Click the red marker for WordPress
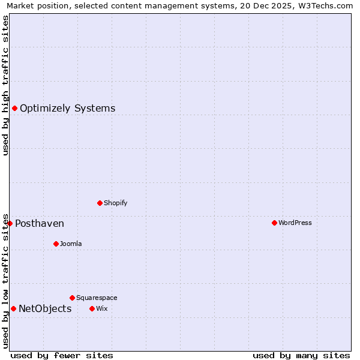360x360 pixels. tap(274, 223)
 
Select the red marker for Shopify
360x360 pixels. tap(100, 203)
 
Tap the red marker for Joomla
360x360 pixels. tap(56, 244)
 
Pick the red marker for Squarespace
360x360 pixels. tap(72, 298)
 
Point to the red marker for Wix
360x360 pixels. tap(92, 308)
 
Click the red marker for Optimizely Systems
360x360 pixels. tap(14, 108)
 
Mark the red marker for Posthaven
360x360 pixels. tap(10, 223)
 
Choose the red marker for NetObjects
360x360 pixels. tap(13, 308)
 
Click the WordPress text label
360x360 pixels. tap(295, 223)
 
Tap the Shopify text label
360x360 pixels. tap(116, 203)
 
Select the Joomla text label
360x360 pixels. tap(71, 244)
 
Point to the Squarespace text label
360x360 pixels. tap(97, 298)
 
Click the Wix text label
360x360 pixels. tap(101, 308)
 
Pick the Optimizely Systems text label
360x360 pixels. tap(68, 109)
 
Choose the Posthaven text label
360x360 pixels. tap(40, 224)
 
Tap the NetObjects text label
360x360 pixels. tap(45, 309)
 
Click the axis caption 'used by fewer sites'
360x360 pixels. tap(62, 355)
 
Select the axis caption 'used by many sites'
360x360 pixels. tap(301, 355)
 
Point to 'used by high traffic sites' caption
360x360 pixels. tap(5, 85)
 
